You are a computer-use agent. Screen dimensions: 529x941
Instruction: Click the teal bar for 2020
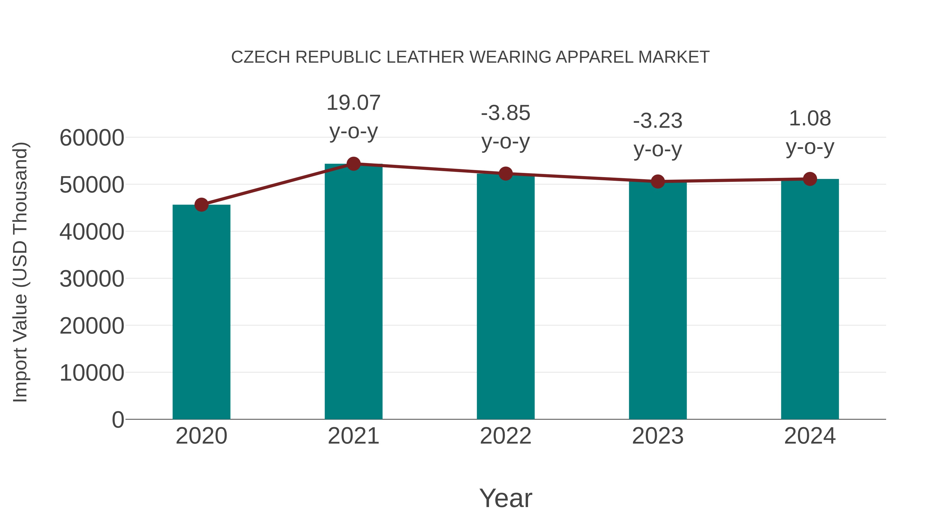point(201,312)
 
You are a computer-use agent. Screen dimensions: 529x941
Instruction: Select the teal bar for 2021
point(353,292)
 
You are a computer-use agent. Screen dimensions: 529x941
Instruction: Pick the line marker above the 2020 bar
point(201,205)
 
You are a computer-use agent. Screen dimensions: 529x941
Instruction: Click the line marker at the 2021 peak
point(353,164)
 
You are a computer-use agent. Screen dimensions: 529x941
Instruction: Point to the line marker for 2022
point(506,174)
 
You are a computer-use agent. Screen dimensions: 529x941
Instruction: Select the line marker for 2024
point(810,179)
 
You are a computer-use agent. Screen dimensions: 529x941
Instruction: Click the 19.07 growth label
point(353,103)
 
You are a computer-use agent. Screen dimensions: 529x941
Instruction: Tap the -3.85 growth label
point(506,113)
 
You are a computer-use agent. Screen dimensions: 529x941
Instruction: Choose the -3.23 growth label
point(658,121)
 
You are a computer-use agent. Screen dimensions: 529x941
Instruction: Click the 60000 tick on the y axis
point(92,138)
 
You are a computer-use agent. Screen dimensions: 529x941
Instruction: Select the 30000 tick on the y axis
point(92,279)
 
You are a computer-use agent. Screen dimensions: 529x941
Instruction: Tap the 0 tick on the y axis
point(118,420)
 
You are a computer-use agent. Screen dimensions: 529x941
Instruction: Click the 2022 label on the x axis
point(506,436)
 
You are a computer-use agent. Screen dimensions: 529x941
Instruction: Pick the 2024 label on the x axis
point(810,436)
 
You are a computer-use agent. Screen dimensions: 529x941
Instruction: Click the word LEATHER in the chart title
point(425,57)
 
